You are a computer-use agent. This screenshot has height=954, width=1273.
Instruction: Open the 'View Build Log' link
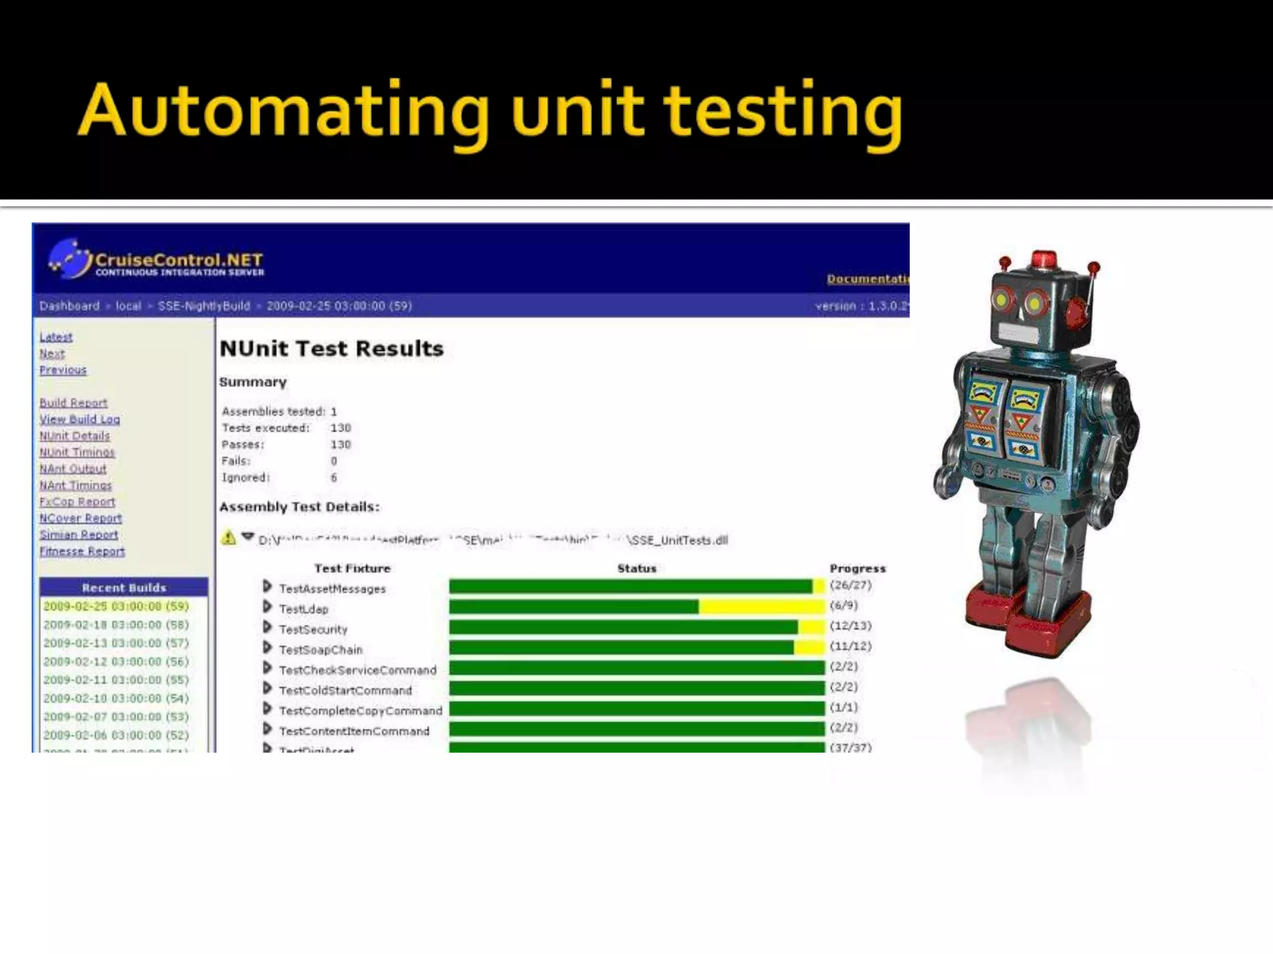point(80,419)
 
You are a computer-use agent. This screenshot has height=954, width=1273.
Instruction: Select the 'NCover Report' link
point(81,518)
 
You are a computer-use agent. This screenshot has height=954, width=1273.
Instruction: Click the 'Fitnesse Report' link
point(82,551)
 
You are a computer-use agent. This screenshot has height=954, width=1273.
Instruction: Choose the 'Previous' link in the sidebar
point(63,370)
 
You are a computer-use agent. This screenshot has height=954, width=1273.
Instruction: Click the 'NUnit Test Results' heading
point(331,348)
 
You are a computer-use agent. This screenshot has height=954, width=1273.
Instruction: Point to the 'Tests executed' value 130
point(341,428)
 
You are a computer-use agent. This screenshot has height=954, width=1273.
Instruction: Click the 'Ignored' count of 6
point(334,478)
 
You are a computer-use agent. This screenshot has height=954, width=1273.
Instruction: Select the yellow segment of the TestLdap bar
point(761,607)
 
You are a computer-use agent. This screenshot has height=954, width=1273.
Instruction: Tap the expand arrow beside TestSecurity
point(267,628)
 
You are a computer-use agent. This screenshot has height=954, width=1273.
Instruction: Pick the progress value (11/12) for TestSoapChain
point(850,646)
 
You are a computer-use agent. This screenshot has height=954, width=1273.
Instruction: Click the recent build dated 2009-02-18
point(116,625)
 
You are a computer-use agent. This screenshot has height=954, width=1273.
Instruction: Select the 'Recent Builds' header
point(124,588)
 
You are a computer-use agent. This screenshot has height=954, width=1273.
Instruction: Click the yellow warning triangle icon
point(229,538)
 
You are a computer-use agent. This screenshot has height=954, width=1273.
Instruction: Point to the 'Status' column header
point(636,568)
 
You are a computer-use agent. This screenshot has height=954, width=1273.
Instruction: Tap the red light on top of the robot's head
point(1044,258)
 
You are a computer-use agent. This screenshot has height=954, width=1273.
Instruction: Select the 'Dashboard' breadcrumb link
point(69,306)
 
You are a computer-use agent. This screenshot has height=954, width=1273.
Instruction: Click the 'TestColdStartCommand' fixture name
point(345,691)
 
